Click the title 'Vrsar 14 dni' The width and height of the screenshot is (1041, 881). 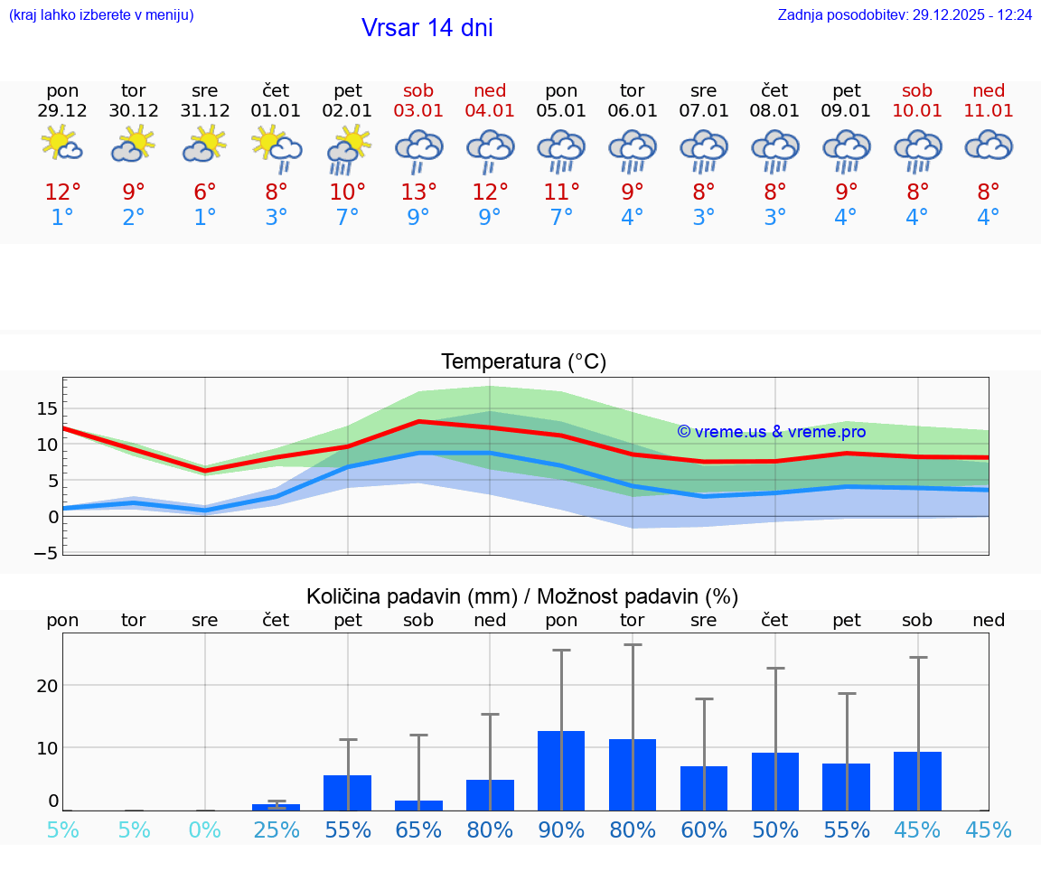(427, 28)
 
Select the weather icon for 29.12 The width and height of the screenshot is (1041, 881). (62, 144)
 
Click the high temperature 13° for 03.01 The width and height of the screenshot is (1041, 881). (418, 192)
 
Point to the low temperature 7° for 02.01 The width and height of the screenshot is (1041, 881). (348, 218)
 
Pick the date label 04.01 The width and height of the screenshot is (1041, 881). (490, 111)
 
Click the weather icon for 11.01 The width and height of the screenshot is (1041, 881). (989, 145)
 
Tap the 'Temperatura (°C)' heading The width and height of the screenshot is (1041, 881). (523, 362)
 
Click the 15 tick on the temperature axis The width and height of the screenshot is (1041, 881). (47, 408)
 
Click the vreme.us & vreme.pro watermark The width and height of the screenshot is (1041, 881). (771, 432)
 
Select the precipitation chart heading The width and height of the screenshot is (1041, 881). (522, 596)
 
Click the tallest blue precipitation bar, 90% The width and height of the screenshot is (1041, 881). (561, 771)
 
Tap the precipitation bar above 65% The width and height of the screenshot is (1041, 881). (418, 805)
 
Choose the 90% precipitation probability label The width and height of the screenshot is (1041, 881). (561, 830)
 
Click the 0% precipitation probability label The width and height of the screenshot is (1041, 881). (205, 830)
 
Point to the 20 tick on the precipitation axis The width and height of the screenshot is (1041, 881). (47, 685)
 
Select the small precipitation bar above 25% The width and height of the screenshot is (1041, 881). (277, 807)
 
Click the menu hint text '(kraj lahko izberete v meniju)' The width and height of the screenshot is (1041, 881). (101, 15)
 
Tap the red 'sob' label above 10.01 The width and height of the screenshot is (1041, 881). (917, 90)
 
